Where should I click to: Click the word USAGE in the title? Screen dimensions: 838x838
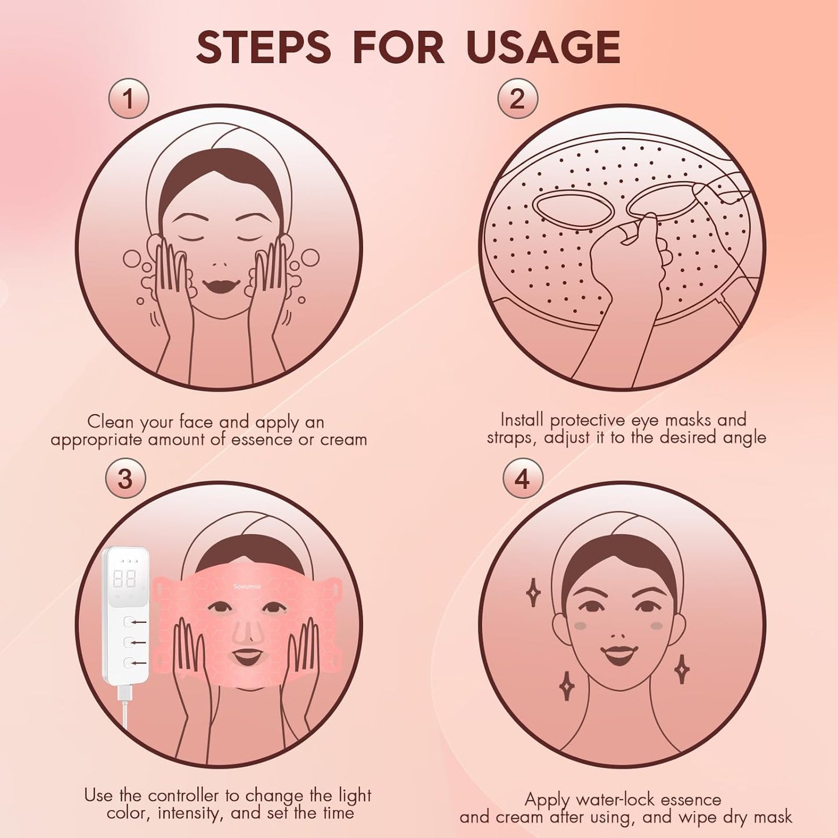(x=543, y=47)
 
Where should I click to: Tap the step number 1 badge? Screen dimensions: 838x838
(x=129, y=99)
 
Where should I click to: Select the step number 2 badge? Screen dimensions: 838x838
(x=517, y=99)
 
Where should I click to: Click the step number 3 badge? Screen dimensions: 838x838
(x=125, y=479)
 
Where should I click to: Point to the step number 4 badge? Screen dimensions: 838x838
(x=523, y=479)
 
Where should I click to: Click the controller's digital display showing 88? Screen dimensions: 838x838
(x=125, y=578)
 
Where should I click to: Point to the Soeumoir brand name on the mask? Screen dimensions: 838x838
(x=248, y=586)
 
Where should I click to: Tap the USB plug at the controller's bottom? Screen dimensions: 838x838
(x=124, y=692)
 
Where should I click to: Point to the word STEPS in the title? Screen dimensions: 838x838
(x=263, y=47)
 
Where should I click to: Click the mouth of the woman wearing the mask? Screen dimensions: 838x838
(x=247, y=656)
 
